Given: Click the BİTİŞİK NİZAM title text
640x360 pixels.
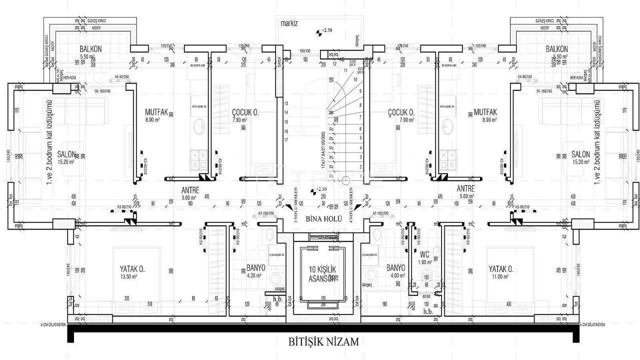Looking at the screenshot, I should coord(323,342).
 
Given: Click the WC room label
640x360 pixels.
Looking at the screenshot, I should coord(425,254).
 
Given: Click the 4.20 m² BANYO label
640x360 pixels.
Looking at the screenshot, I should coord(255,267).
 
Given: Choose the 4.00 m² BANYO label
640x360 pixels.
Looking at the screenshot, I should coord(395,267).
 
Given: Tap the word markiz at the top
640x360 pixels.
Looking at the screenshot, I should coord(289,23).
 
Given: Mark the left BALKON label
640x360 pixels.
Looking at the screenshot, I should coord(90,49).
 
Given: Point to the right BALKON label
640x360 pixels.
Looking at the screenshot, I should coord(556,49).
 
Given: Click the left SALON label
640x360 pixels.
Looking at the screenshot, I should coord(65,154).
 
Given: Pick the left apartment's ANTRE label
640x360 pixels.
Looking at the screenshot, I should coord(190,189).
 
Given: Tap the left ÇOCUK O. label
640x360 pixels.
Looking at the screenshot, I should coord(245,112).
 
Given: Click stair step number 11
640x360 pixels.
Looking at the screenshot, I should coord(344,71).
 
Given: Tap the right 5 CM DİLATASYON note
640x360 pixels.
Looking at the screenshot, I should coord(592,324).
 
